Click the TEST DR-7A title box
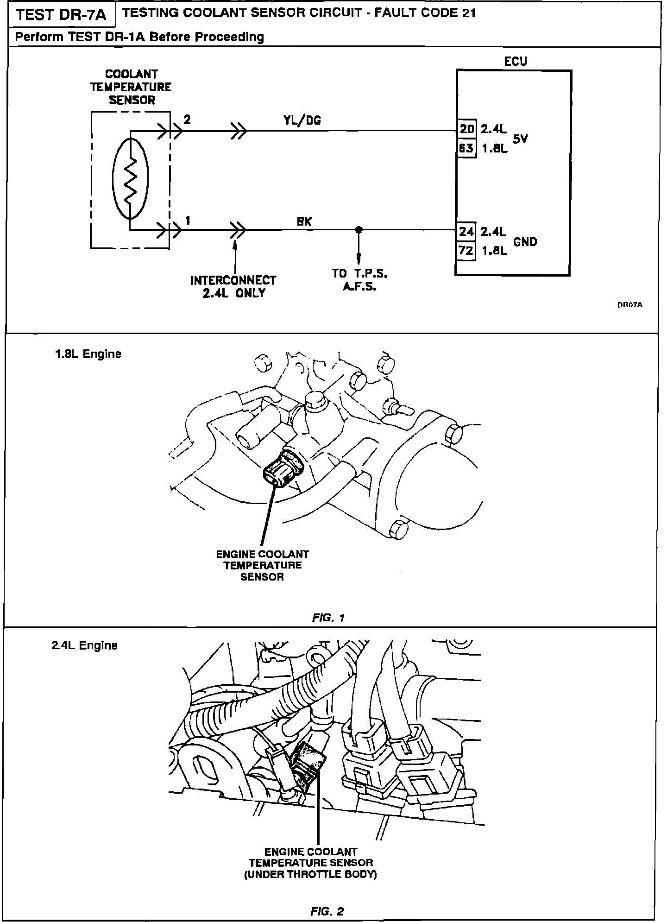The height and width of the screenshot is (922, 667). pyautogui.click(x=62, y=15)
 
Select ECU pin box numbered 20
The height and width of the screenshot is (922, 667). pyautogui.click(x=466, y=129)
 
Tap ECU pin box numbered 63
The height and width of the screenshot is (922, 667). pyautogui.click(x=466, y=148)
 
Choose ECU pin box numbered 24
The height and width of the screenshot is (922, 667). pyautogui.click(x=466, y=231)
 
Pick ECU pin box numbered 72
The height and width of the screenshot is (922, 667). pyautogui.click(x=466, y=251)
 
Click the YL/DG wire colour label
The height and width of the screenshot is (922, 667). pyautogui.click(x=302, y=120)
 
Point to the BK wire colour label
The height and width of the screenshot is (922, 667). pyautogui.click(x=304, y=222)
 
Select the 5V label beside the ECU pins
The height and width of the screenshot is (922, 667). pyautogui.click(x=521, y=139)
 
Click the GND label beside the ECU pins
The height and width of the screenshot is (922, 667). pyautogui.click(x=525, y=241)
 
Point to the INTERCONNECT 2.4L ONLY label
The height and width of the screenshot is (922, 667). pyautogui.click(x=233, y=287)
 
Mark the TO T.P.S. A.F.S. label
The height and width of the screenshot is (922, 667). pyautogui.click(x=359, y=280)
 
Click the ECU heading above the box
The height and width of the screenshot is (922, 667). pyautogui.click(x=516, y=61)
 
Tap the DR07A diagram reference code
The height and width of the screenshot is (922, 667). pyautogui.click(x=630, y=305)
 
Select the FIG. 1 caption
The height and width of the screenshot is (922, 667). pyautogui.click(x=328, y=618)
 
